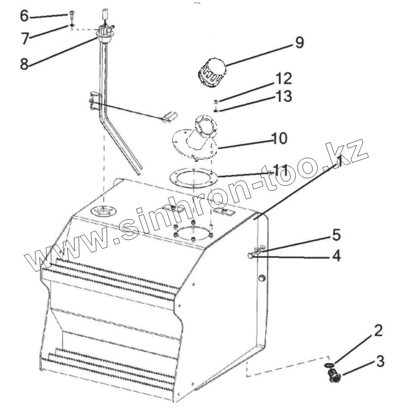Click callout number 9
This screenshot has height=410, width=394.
coord(299,43)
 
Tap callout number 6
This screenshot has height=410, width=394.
coord(24,16)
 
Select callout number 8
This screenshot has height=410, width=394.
coord(24,64)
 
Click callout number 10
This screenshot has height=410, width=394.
coord(280,138)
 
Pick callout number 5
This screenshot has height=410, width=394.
coord(336,235)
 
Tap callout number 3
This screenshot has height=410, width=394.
coord(380,361)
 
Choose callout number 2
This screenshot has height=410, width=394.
coord(378,331)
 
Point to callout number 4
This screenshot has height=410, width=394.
coord(335,256)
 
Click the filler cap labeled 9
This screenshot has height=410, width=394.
coord(211,74)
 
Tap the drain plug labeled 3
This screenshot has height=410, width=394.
coord(334,378)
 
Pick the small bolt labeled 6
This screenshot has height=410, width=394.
coord(71,15)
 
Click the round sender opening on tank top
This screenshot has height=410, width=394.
coord(104,212)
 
